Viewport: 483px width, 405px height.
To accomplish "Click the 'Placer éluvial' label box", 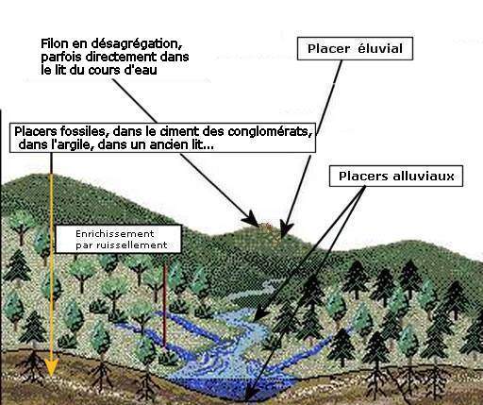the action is tap(355, 48).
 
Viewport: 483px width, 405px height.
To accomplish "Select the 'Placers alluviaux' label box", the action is tap(396, 176).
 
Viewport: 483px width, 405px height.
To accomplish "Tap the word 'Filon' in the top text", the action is tap(54, 43).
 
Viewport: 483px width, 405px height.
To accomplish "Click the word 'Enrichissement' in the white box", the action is tap(115, 234).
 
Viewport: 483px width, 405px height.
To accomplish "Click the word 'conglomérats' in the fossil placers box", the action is tap(270, 131).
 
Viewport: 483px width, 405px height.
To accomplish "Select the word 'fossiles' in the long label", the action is tap(83, 131).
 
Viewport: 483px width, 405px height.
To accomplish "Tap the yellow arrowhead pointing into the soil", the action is tap(51, 368).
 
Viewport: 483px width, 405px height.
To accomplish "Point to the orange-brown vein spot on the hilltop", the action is tap(267, 226).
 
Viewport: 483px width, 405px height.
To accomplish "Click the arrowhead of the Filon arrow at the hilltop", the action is tap(252, 219).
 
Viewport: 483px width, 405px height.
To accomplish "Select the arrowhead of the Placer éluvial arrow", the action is tap(286, 228).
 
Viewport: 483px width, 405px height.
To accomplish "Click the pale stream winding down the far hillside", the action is tap(255, 291).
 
